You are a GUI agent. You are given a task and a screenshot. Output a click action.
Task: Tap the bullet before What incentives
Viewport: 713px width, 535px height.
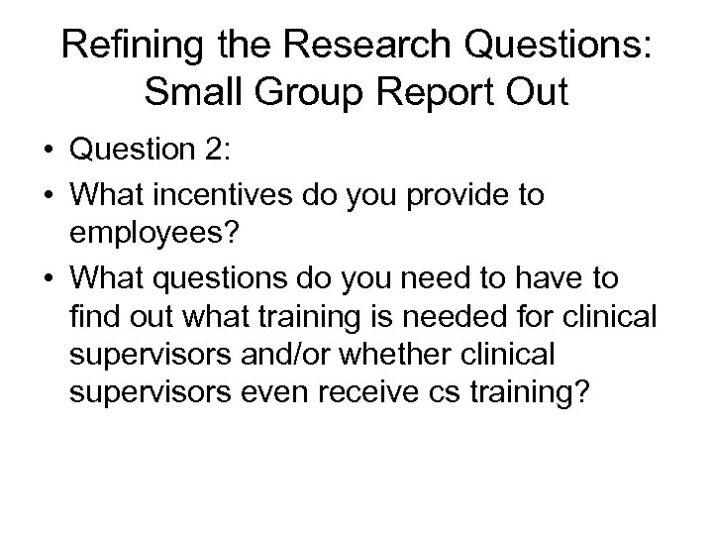click(x=48, y=195)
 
